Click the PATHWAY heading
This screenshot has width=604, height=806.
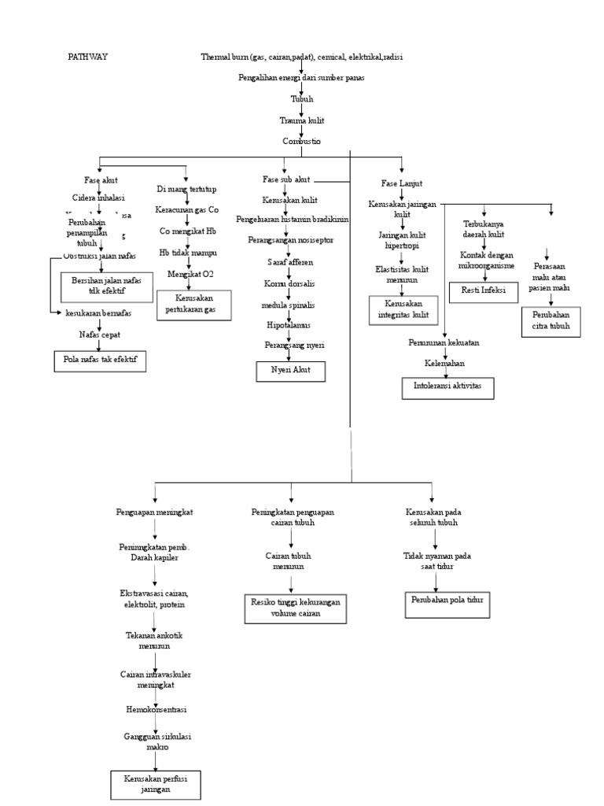[x=87, y=57]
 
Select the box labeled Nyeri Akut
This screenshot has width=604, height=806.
[x=290, y=371]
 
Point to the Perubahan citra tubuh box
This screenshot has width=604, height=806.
[x=551, y=321]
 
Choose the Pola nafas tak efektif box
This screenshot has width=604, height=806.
[x=94, y=361]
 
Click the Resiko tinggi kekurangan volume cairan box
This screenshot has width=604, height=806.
[x=295, y=608]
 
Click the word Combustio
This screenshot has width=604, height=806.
[x=302, y=141]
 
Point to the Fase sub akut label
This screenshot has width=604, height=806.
[x=285, y=180]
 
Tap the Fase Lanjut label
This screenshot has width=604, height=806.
[x=401, y=183]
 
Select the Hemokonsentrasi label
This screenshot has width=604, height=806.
[x=156, y=709]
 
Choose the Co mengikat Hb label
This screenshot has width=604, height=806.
[x=188, y=231]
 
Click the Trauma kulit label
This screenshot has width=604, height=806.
[x=302, y=120]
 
